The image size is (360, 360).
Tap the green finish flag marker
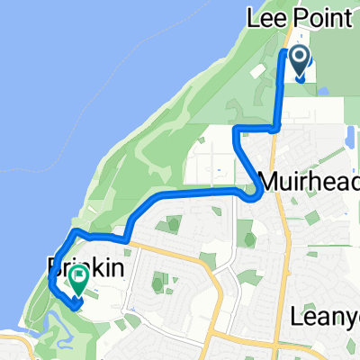pos(79,280)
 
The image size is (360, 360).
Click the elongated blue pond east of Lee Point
pos(348,137)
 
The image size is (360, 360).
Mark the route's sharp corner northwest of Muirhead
pos(236,131)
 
